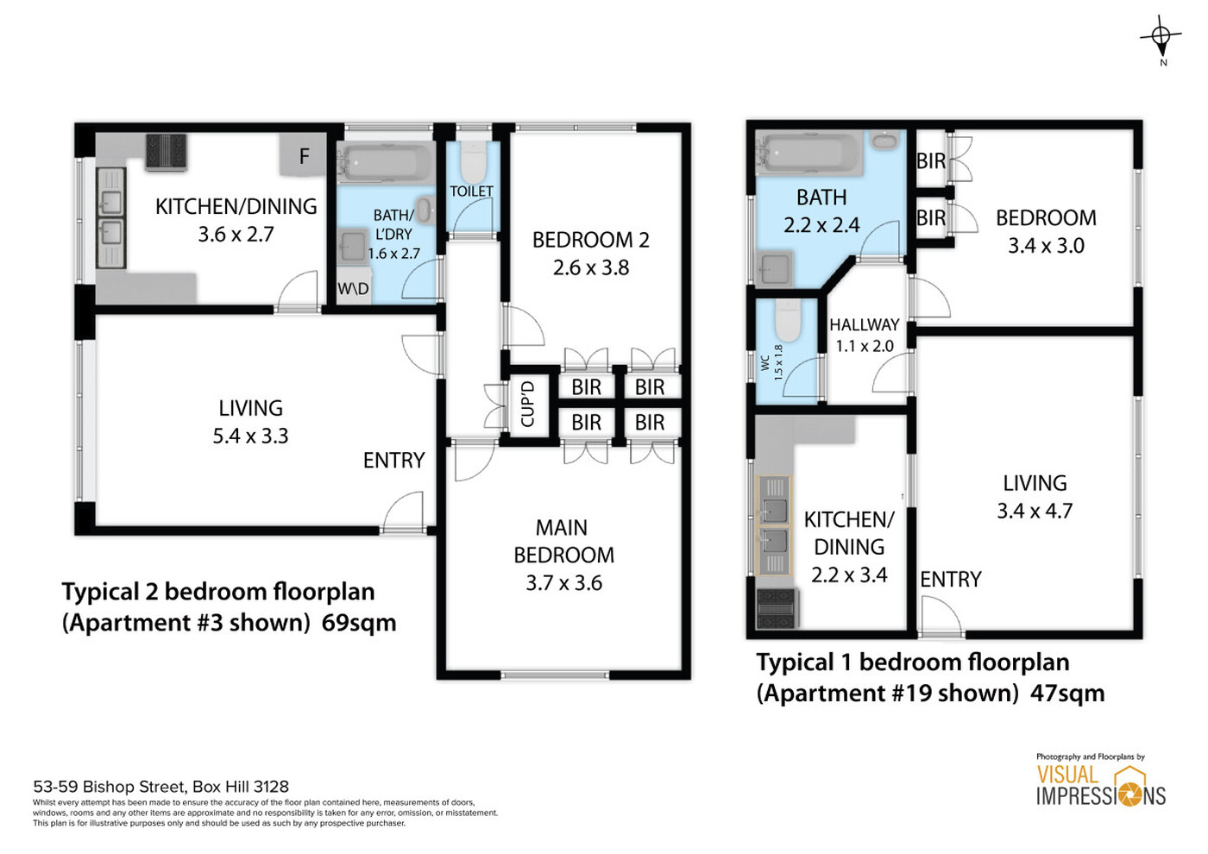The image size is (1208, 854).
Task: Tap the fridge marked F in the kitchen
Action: click(303, 154)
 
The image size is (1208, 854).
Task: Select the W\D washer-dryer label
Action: click(353, 289)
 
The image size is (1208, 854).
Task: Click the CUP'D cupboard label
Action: click(527, 404)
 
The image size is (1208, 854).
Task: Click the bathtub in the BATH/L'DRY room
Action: click(385, 162)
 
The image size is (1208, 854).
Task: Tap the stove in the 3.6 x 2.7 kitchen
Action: click(166, 151)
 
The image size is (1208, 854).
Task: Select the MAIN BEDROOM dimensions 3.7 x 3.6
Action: click(564, 583)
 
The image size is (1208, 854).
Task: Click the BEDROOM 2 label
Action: click(591, 240)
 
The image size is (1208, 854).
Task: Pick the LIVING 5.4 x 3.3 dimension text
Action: click(251, 436)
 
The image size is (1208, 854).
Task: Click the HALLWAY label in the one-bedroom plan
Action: click(865, 324)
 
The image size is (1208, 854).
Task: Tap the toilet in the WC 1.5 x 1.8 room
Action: click(788, 320)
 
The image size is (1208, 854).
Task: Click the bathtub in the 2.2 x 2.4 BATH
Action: click(810, 153)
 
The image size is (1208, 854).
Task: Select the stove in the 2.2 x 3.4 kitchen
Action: click(777, 608)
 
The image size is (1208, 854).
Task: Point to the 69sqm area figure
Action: click(359, 623)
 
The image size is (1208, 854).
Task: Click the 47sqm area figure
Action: click(1068, 694)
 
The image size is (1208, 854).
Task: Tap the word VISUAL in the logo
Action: click(1067, 775)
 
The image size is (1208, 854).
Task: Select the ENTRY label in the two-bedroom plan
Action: click(394, 461)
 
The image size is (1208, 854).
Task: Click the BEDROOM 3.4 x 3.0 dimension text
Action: click(1046, 246)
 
